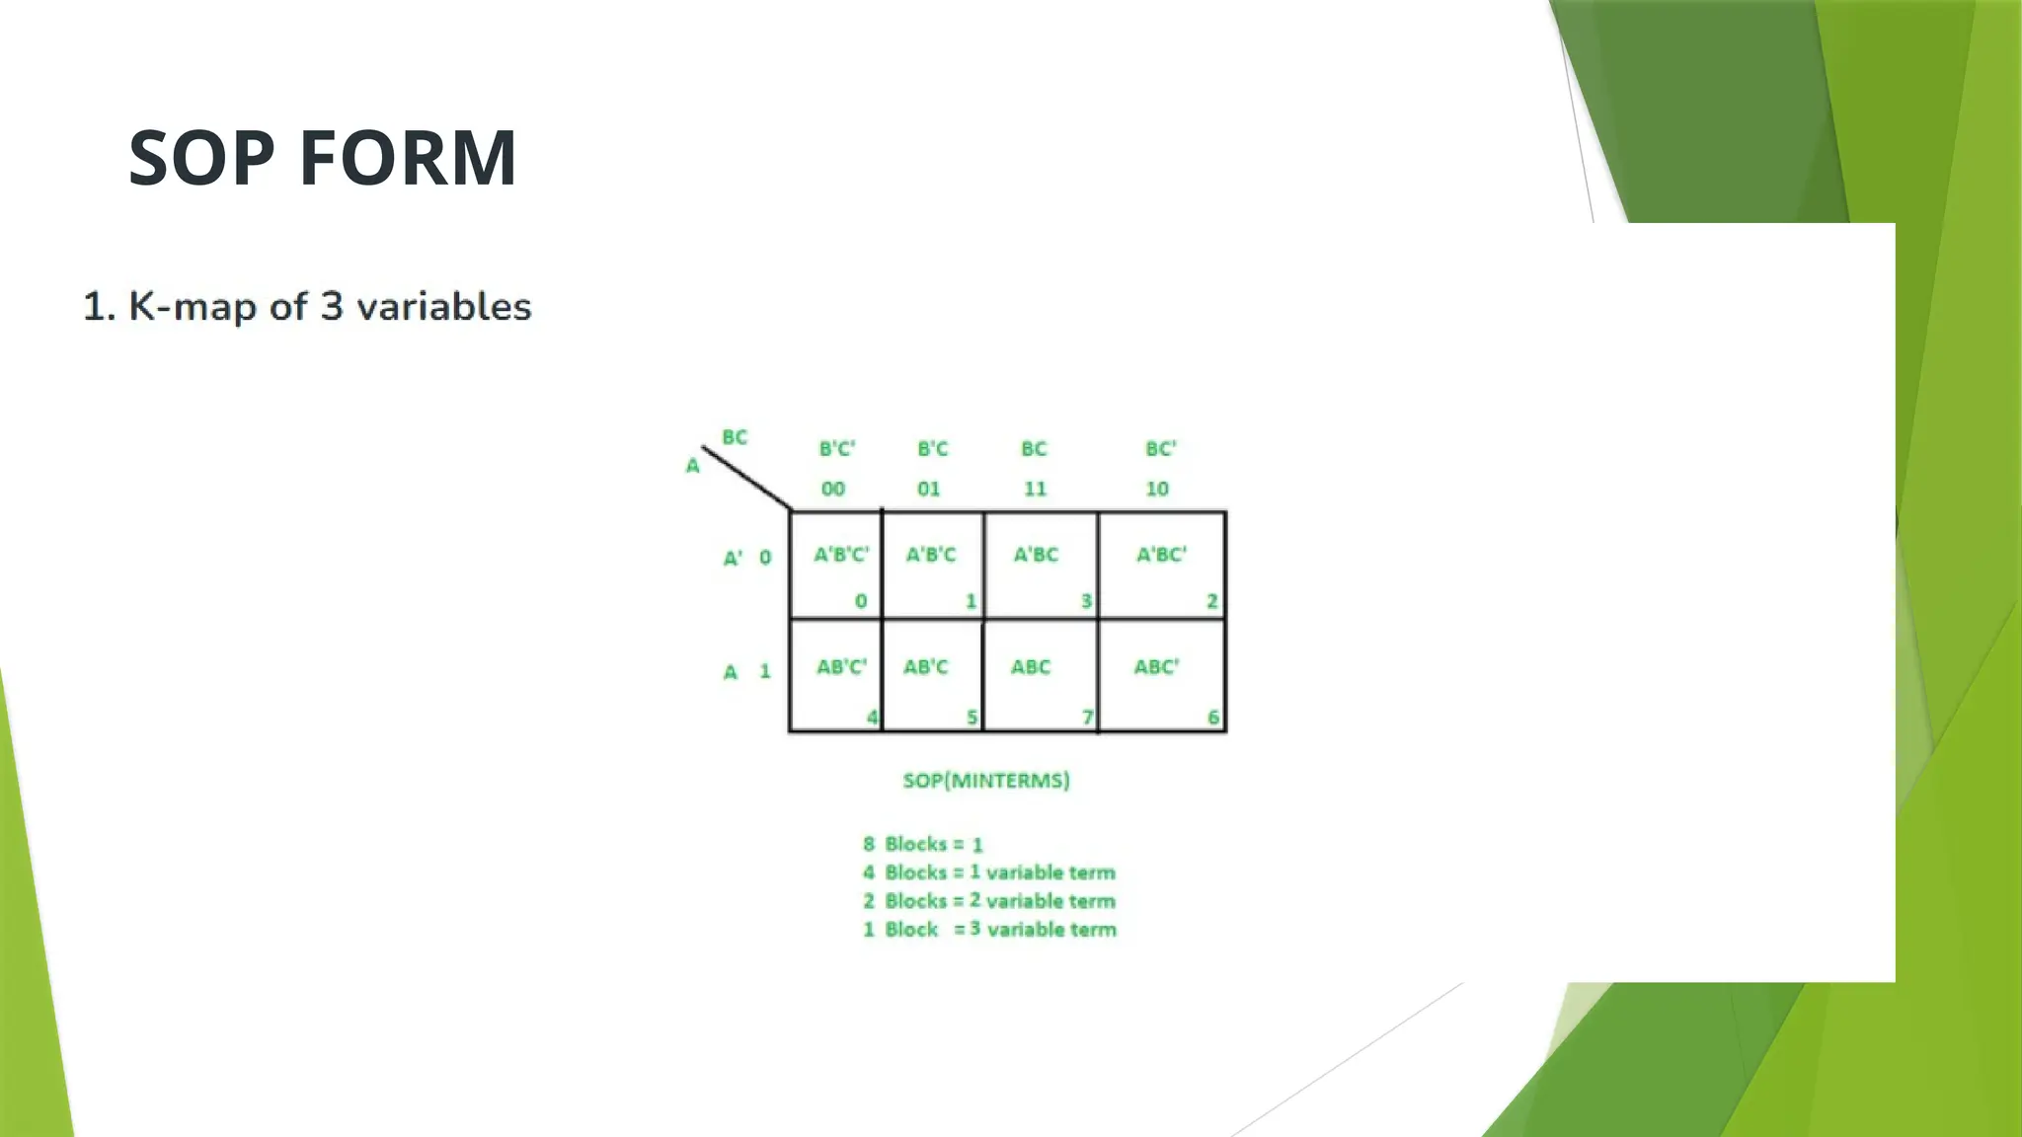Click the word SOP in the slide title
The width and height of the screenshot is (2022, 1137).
tap(202, 158)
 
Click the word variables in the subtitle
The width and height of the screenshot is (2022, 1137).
tap(443, 307)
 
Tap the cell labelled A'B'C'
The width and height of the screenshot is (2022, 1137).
tap(836, 566)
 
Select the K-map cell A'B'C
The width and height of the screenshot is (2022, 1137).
tap(932, 566)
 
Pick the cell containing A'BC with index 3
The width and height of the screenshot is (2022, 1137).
tap(1041, 566)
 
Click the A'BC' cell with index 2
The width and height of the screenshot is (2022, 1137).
tap(1161, 566)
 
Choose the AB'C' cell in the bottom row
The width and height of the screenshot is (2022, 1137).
tap(836, 676)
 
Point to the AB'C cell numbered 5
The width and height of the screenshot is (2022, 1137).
tap(932, 676)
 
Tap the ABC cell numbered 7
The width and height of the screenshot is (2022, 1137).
tap(1041, 676)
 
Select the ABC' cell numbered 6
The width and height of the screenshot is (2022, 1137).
tap(1161, 676)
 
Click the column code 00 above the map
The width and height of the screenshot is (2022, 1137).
tap(833, 489)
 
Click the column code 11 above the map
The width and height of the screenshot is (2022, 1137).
tap(1035, 489)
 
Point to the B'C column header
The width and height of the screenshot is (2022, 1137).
tap(932, 449)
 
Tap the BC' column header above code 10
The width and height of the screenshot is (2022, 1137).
tap(1161, 449)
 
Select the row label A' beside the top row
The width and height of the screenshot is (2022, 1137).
tap(733, 559)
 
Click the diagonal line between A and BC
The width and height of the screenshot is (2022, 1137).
tap(747, 479)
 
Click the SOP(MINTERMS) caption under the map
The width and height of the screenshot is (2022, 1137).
tap(986, 781)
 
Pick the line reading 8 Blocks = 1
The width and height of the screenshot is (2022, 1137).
tap(922, 845)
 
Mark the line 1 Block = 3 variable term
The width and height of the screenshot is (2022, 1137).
tap(989, 930)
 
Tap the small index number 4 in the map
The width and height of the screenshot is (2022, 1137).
tap(872, 718)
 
